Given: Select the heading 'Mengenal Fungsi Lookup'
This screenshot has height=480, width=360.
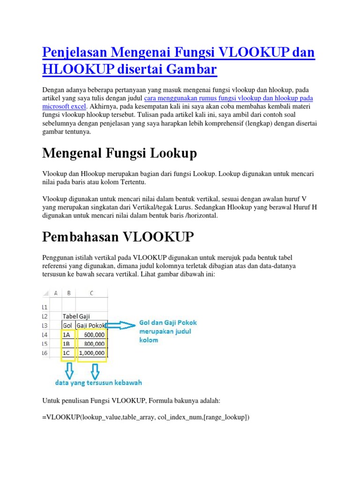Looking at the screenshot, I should point(120,153).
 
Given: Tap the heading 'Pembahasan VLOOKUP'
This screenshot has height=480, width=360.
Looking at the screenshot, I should point(118,237).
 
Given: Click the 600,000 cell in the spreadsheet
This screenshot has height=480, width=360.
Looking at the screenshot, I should point(91,334).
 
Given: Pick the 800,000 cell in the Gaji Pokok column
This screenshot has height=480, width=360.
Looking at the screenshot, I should point(91,344).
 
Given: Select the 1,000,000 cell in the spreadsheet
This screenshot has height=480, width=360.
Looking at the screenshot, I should point(91,353).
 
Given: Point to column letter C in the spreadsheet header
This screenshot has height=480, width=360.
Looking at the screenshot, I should point(91,293).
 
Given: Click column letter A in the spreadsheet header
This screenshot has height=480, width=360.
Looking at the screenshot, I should point(55,293).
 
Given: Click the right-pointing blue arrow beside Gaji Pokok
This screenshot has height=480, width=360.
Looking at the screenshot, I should point(122,324).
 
